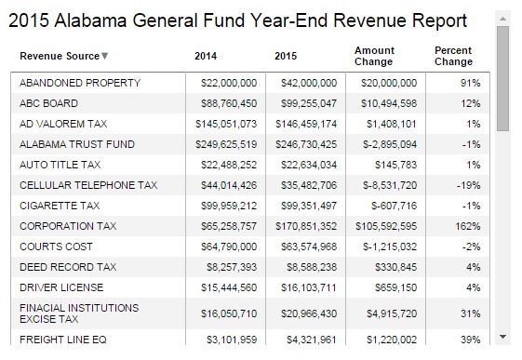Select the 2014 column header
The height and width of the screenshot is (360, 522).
tap(206, 57)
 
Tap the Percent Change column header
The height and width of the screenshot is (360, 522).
tap(453, 56)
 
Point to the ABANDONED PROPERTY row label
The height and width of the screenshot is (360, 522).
tap(79, 84)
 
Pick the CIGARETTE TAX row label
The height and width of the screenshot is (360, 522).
tap(59, 206)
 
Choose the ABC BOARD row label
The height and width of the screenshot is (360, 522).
tap(48, 104)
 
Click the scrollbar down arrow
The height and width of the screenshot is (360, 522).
tap(503, 336)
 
